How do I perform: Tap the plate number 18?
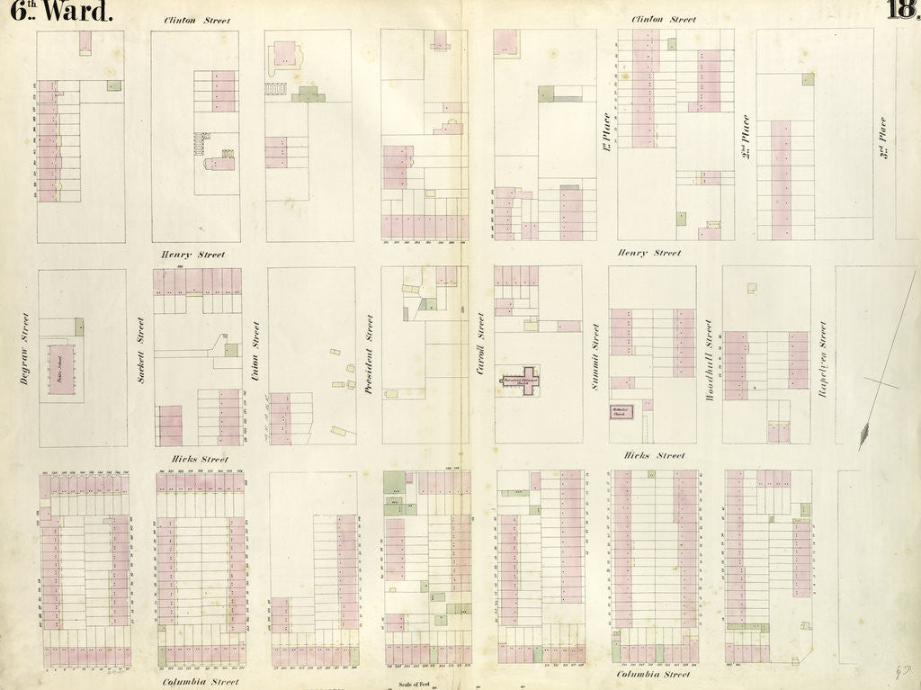pyautogui.click(x=901, y=9)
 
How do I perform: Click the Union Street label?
pyautogui.click(x=256, y=346)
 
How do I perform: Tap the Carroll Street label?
pyautogui.click(x=481, y=342)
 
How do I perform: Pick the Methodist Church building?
pyautogui.click(x=621, y=412)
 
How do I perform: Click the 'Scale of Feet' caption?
pyautogui.click(x=411, y=685)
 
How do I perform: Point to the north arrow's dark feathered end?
pyautogui.click(x=864, y=435)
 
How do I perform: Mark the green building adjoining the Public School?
pyautogui.click(x=79, y=327)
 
